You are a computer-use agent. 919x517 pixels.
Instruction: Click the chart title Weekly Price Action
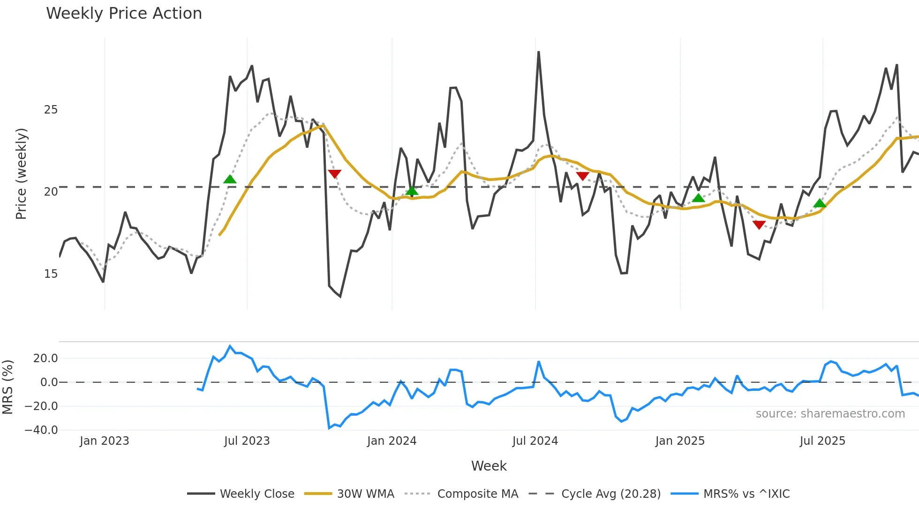click(x=124, y=14)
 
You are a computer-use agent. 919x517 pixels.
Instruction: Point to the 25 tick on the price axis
click(x=51, y=110)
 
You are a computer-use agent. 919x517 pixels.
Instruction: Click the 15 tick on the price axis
click(x=51, y=274)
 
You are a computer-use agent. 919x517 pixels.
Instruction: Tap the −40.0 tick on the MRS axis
click(x=41, y=430)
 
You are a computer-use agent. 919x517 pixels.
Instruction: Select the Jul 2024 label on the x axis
click(x=535, y=441)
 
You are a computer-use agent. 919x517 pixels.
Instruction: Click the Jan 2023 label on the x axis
click(x=104, y=441)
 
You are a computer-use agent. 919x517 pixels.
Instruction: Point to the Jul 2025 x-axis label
click(x=822, y=441)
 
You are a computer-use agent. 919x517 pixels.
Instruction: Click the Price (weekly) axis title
click(x=22, y=174)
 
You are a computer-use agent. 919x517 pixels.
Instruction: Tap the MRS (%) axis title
click(x=8, y=387)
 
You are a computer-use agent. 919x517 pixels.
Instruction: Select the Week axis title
click(x=489, y=466)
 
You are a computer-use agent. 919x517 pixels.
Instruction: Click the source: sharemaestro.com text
click(x=830, y=414)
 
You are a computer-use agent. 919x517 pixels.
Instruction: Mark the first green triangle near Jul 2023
click(x=230, y=180)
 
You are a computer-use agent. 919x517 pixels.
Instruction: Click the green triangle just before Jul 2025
click(x=819, y=204)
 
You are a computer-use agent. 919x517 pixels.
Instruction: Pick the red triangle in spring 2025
click(x=759, y=225)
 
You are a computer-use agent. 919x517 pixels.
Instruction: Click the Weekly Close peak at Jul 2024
click(x=538, y=52)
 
